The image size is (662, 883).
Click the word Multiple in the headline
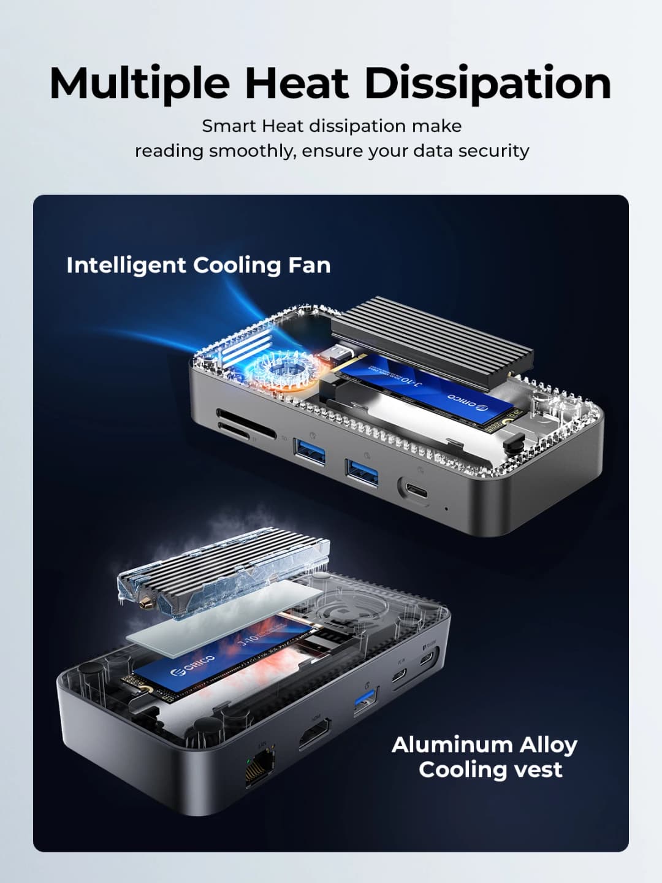coord(140,84)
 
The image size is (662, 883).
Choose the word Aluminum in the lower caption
coord(452,744)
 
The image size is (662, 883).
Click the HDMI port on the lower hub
coord(315,733)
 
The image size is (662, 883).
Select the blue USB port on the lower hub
coord(365,703)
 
